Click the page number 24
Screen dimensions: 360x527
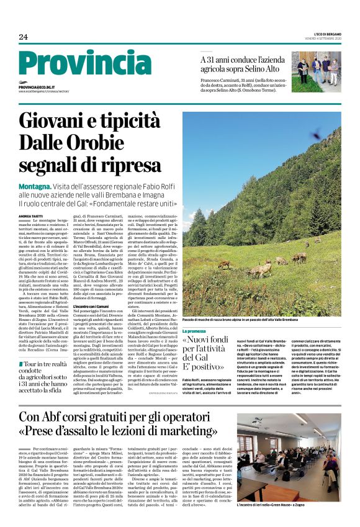23,37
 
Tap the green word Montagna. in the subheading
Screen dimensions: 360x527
35,186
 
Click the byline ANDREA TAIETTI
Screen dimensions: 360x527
31,216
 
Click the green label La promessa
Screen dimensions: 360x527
194,331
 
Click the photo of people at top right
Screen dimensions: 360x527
316,72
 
